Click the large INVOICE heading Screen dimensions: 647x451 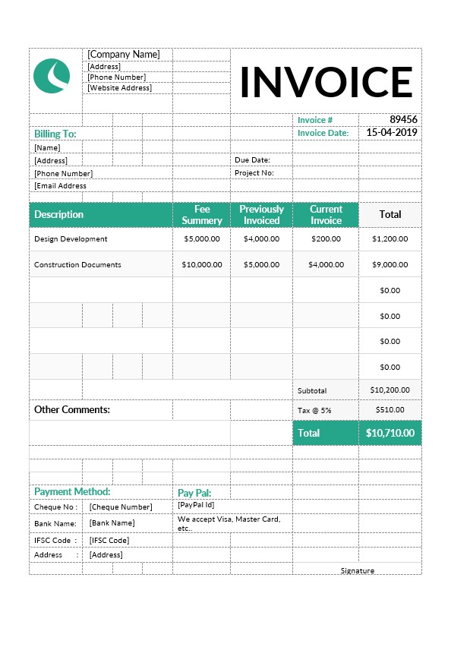pyautogui.click(x=326, y=82)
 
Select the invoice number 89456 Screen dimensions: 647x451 pyautogui.click(x=403, y=120)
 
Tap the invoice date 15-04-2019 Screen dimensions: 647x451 pyautogui.click(x=392, y=132)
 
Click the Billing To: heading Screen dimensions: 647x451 pyautogui.click(x=55, y=134)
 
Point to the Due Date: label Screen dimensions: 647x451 pyautogui.click(x=252, y=160)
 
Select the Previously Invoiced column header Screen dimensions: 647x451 pyautogui.click(x=261, y=215)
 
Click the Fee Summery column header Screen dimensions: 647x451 pyautogui.click(x=202, y=215)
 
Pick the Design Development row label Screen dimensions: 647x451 pyautogui.click(x=71, y=239)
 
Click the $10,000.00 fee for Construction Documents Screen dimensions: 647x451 pyautogui.click(x=202, y=265)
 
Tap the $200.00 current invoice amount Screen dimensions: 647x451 pyautogui.click(x=326, y=239)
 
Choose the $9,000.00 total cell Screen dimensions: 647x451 pyautogui.click(x=389, y=265)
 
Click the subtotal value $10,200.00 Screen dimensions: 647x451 pyautogui.click(x=389, y=390)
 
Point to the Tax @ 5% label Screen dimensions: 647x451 pyautogui.click(x=314, y=410)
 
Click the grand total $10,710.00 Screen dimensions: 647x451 pyautogui.click(x=389, y=433)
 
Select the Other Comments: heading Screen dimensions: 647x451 pyautogui.click(x=72, y=410)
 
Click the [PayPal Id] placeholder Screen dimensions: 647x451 pyautogui.click(x=196, y=504)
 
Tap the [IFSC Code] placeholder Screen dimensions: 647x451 pyautogui.click(x=109, y=541)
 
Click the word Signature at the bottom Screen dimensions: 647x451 pyautogui.click(x=357, y=571)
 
